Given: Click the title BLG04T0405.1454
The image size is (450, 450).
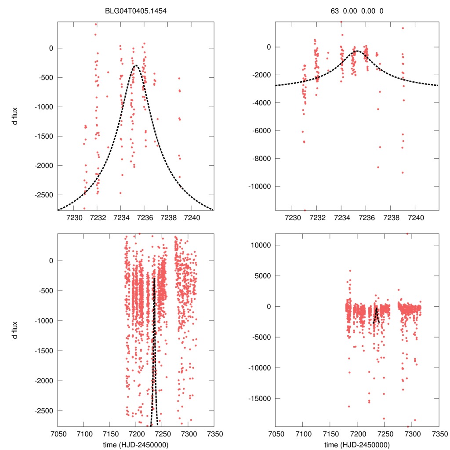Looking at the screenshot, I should pyautogui.click(x=136, y=11).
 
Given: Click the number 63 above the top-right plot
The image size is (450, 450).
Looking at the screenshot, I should pyautogui.click(x=335, y=11).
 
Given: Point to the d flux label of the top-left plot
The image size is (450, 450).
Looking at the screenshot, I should pyautogui.click(x=15, y=115).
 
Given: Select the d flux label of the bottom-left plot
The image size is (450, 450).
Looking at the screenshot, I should pyautogui.click(x=15, y=330).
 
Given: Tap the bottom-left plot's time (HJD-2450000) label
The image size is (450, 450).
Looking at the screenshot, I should pyautogui.click(x=136, y=445).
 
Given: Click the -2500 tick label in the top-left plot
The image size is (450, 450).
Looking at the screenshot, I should pyautogui.click(x=42, y=195).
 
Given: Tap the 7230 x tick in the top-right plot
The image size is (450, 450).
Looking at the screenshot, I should pyautogui.click(x=292, y=217).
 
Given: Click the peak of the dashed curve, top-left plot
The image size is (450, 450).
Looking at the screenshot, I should pyautogui.click(x=135, y=65).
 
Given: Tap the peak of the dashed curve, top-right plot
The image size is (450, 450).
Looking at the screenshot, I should pyautogui.click(x=357, y=51).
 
